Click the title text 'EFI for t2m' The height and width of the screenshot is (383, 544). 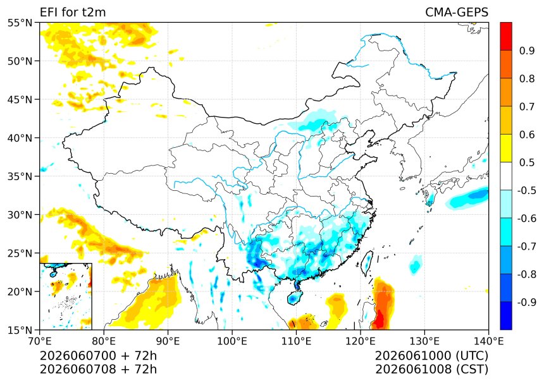[x=73, y=13]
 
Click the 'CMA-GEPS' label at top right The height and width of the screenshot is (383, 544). [x=457, y=13]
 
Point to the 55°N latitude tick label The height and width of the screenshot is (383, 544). [x=20, y=23]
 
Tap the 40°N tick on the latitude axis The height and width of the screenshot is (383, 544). [x=20, y=138]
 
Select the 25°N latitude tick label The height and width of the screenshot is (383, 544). [x=20, y=253]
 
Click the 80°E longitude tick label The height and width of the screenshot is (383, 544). [x=104, y=341]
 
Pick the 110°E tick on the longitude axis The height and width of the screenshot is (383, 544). [x=296, y=341]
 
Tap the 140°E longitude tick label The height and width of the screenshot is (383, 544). [x=488, y=341]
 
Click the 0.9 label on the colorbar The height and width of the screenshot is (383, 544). [x=527, y=51]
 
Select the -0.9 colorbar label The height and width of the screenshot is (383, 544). [x=527, y=302]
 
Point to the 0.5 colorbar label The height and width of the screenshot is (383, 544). [x=527, y=162]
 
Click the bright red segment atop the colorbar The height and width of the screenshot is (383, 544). [x=506, y=37]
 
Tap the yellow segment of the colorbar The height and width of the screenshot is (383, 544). [x=506, y=149]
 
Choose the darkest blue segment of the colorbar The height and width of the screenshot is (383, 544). [x=506, y=316]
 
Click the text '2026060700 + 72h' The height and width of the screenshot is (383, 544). [x=98, y=356]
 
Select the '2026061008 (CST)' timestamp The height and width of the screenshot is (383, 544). [x=432, y=370]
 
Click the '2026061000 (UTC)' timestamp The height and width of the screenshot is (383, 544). [x=432, y=356]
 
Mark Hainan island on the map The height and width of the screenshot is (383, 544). [x=295, y=298]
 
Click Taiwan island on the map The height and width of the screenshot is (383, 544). [x=367, y=263]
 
